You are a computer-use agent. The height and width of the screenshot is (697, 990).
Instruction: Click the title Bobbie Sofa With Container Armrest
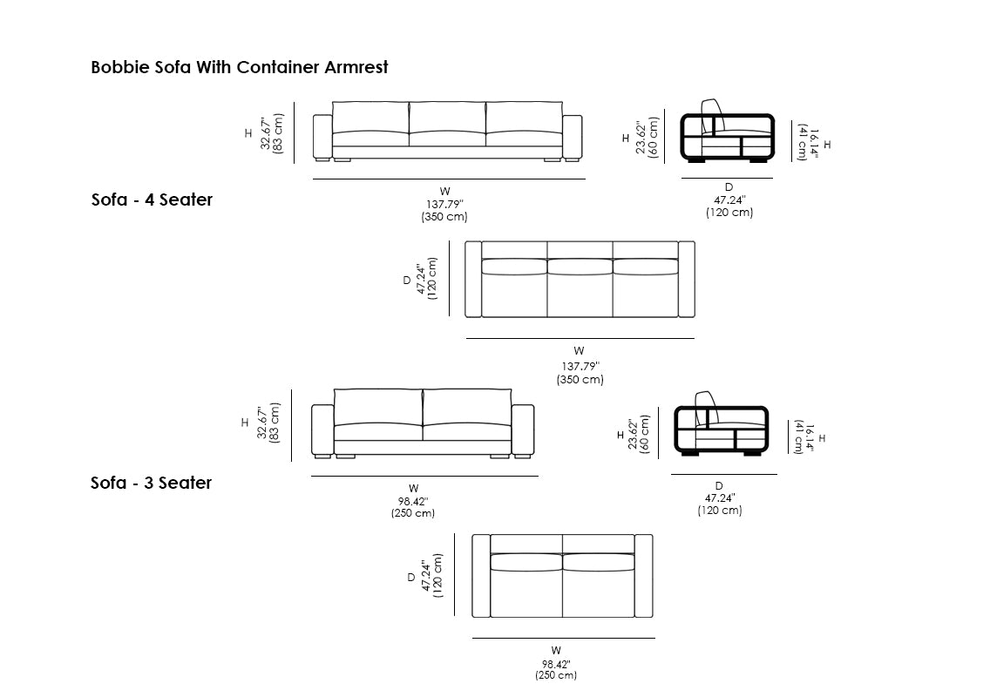[240, 67]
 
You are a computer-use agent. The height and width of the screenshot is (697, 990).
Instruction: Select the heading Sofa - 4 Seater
[152, 200]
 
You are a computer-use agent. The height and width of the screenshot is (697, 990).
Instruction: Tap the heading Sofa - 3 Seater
[151, 483]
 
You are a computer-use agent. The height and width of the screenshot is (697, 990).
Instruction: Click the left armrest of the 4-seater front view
[322, 137]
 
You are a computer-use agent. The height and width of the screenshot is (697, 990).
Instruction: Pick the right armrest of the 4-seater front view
[573, 137]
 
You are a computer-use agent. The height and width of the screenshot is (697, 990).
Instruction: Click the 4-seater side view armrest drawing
[727, 138]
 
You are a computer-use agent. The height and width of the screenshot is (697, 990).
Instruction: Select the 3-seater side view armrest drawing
[721, 430]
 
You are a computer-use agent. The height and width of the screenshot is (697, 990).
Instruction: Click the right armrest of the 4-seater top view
[687, 279]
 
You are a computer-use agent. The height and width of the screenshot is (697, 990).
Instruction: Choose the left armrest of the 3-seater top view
[481, 576]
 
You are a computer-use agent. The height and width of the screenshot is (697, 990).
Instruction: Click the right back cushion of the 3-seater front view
[467, 406]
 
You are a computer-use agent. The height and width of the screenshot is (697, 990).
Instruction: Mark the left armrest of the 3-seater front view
[323, 430]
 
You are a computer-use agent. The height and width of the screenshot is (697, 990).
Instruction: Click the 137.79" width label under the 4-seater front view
[444, 204]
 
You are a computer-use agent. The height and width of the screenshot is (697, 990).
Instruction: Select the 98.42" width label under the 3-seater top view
[555, 663]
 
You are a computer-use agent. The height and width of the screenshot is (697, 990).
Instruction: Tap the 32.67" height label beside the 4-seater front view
[266, 133]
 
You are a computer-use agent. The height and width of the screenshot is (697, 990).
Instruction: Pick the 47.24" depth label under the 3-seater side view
[719, 497]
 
